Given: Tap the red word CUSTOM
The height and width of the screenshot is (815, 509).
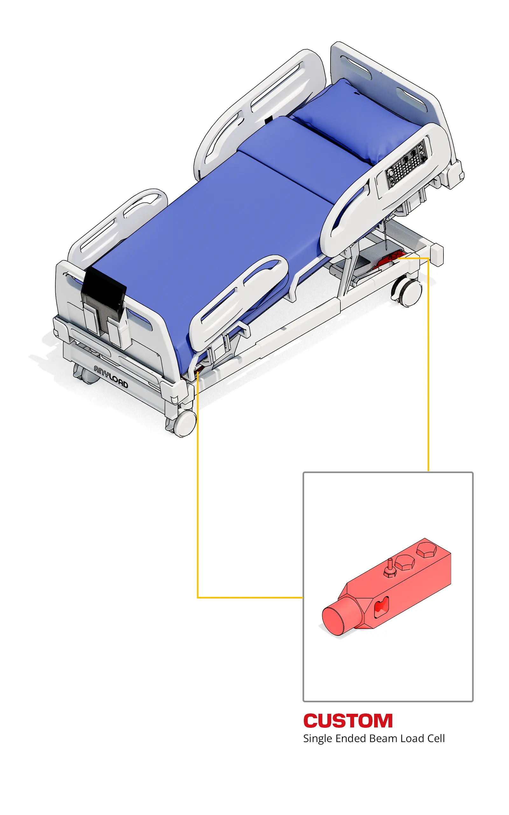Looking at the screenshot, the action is [348, 721].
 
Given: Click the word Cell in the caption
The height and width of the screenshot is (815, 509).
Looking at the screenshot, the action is [436, 738].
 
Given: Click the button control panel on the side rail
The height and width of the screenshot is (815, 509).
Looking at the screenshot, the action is [406, 164].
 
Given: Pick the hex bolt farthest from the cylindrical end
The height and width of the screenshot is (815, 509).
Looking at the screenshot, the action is [427, 549].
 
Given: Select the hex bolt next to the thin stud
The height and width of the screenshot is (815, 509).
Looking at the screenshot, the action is [405, 562].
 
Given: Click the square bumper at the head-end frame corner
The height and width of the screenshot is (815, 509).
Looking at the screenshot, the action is [436, 255].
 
